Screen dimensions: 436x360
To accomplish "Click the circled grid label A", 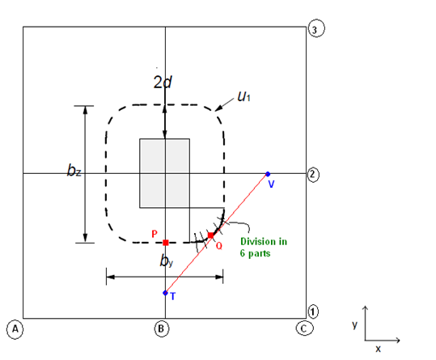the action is pos(15,329).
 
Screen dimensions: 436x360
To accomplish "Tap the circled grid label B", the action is pos(162,329).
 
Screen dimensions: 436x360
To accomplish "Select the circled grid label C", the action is pos(304,328).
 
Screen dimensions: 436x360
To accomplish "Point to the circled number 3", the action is pos(316,28).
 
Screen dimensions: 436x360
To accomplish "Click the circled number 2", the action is pos(313,175).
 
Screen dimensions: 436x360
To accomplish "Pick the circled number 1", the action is pos(313,311).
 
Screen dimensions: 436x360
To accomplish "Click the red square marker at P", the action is pos(166,243).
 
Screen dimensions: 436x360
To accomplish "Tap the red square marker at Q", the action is pos(211,235).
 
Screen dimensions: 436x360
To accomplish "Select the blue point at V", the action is pos(268,174).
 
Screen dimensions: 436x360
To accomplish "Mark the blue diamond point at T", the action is pos(165,293).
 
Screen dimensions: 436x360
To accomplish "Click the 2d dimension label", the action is pos(163,82).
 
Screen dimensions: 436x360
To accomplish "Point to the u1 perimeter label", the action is pos(243,96).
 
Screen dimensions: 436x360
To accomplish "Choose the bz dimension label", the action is pos(74,170).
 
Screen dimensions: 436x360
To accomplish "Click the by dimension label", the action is pos(167,260).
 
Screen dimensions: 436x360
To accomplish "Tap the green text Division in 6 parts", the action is pos(264,247).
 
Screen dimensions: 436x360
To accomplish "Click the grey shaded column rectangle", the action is pos(165,173).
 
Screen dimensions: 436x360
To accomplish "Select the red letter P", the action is pos(155,234).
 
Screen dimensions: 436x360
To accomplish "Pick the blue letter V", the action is pos(271,184).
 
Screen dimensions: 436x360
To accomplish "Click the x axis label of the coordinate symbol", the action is pos(378,349).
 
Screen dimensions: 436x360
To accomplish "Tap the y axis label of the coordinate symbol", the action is pos(354,324).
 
